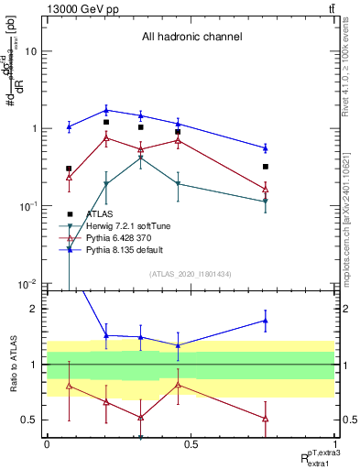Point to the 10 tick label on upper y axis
(x=29, y=51)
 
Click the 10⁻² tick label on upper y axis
(x=27, y=283)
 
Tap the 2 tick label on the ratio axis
(x=34, y=309)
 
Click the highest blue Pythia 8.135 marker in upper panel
(x=107, y=110)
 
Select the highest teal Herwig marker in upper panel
(x=140, y=158)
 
